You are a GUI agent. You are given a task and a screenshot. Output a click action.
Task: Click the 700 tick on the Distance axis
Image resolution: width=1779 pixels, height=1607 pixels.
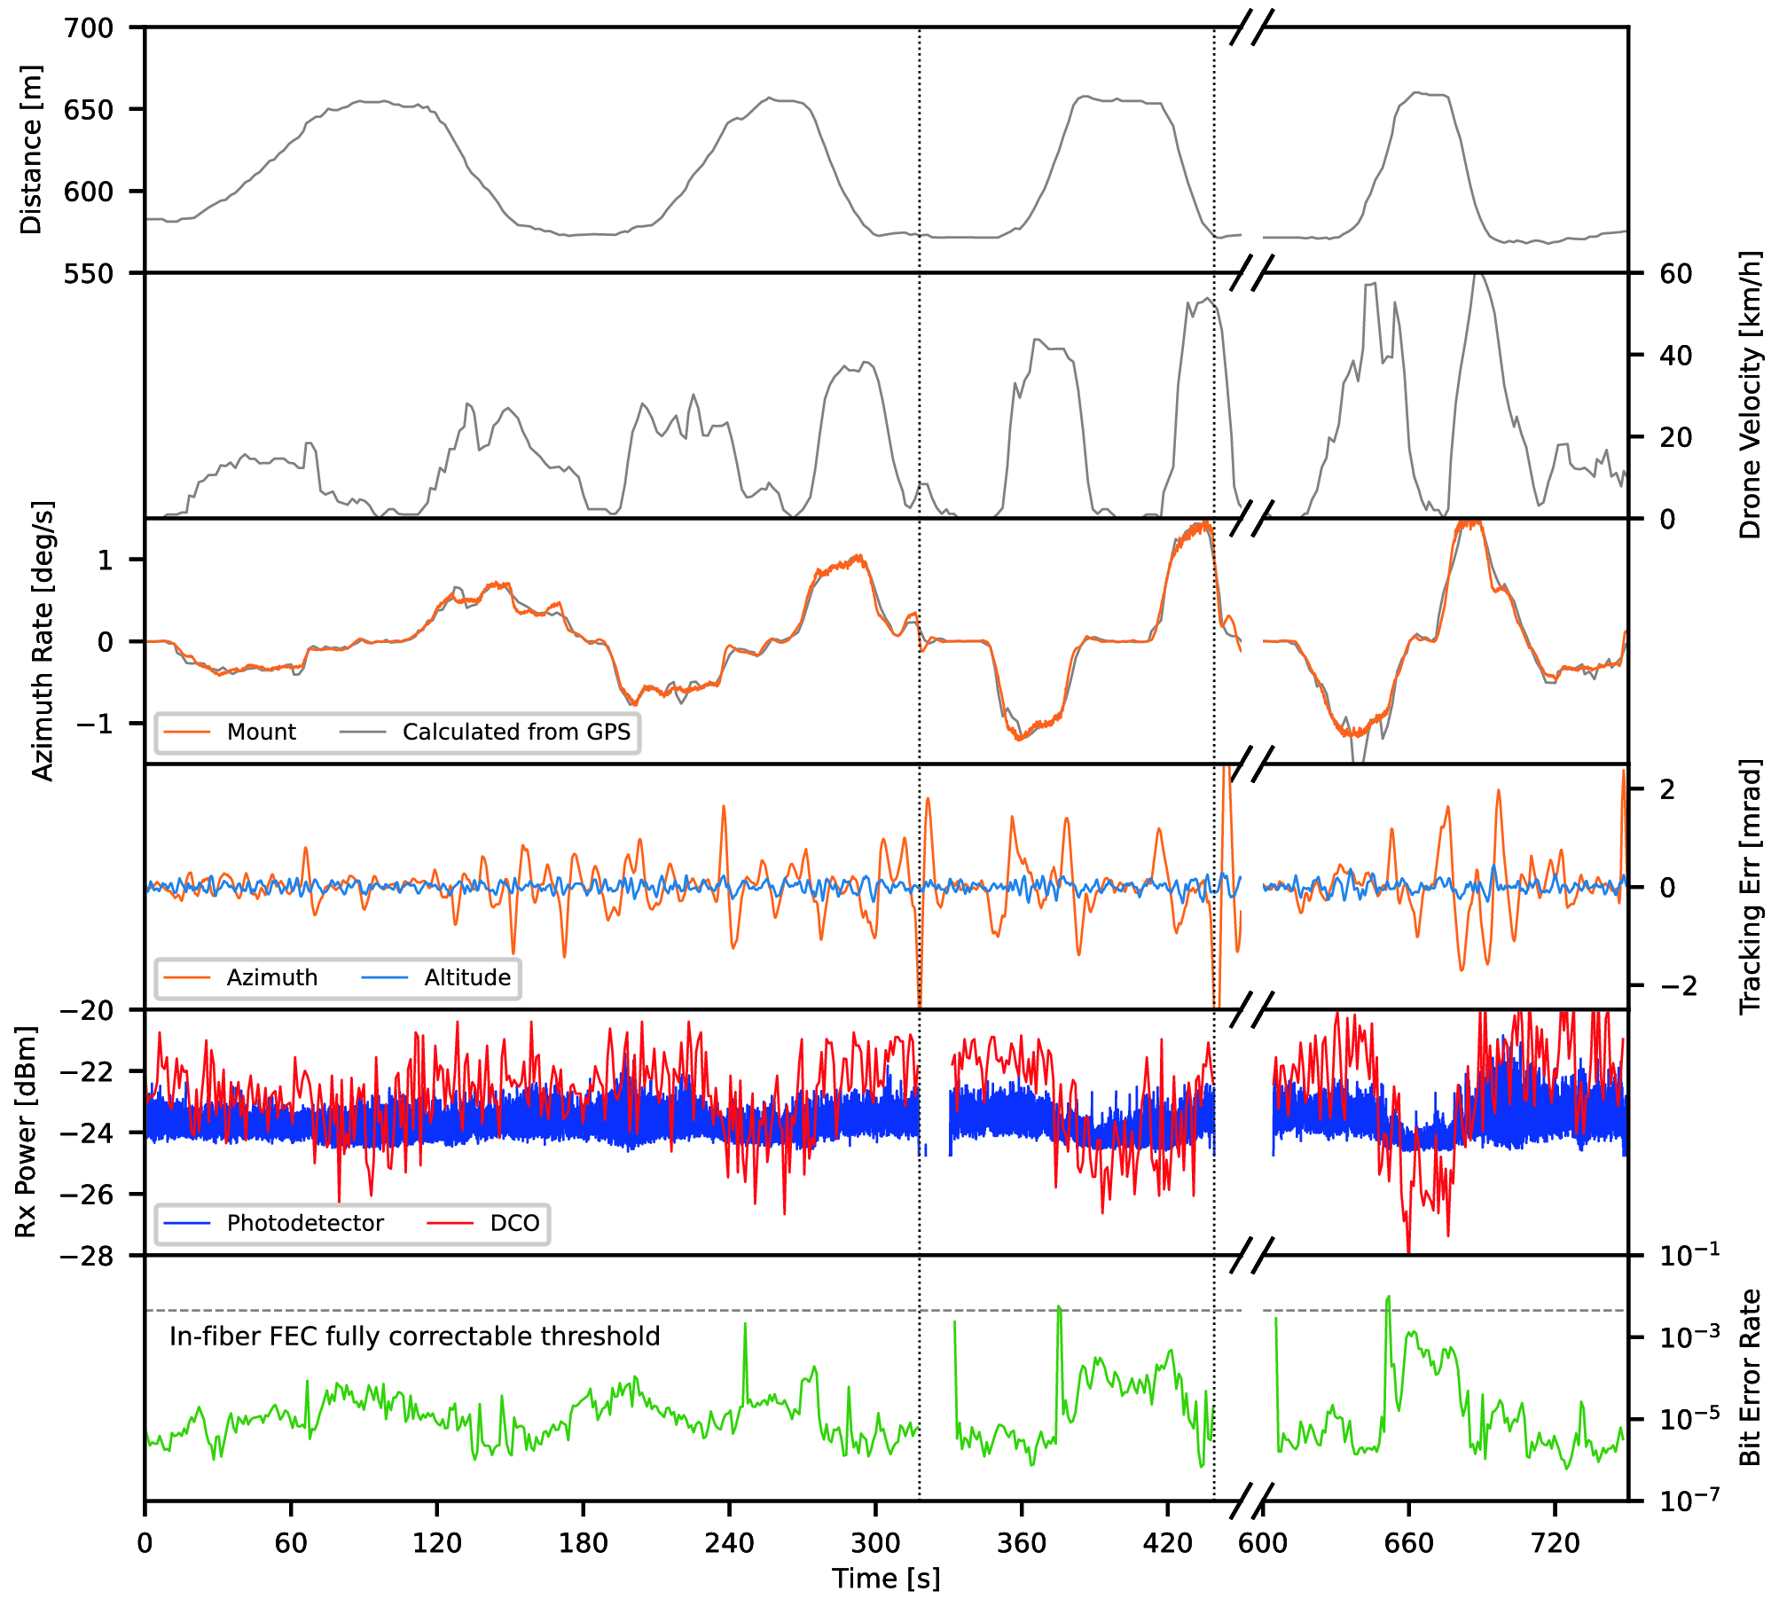pos(89,28)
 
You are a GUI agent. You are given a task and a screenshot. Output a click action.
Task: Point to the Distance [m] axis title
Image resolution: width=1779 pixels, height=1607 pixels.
pos(31,149)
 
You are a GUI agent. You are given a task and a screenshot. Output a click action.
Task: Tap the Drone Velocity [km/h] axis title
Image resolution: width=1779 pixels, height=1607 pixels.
pos(1749,396)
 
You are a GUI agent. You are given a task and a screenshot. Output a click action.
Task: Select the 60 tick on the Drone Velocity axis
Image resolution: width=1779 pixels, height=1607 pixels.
pos(1675,274)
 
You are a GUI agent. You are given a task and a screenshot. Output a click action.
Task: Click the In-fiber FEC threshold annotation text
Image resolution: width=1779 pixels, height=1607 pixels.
pos(415,1337)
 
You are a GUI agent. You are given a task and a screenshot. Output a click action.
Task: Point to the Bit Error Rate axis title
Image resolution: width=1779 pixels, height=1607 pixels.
pos(1749,1378)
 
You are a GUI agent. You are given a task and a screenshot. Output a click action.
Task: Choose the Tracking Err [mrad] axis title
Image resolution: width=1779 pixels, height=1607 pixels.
pos(1749,887)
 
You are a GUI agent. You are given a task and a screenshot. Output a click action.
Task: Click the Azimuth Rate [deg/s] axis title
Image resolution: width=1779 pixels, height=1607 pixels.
pos(43,641)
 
